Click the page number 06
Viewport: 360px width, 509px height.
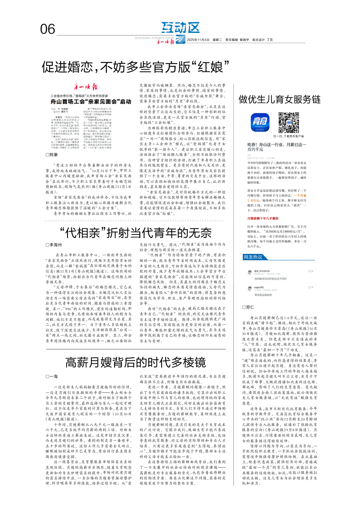click(48, 29)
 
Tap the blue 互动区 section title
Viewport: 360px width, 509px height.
click(180, 28)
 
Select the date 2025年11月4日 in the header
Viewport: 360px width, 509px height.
click(198, 41)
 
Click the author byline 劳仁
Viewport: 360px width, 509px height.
click(248, 307)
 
